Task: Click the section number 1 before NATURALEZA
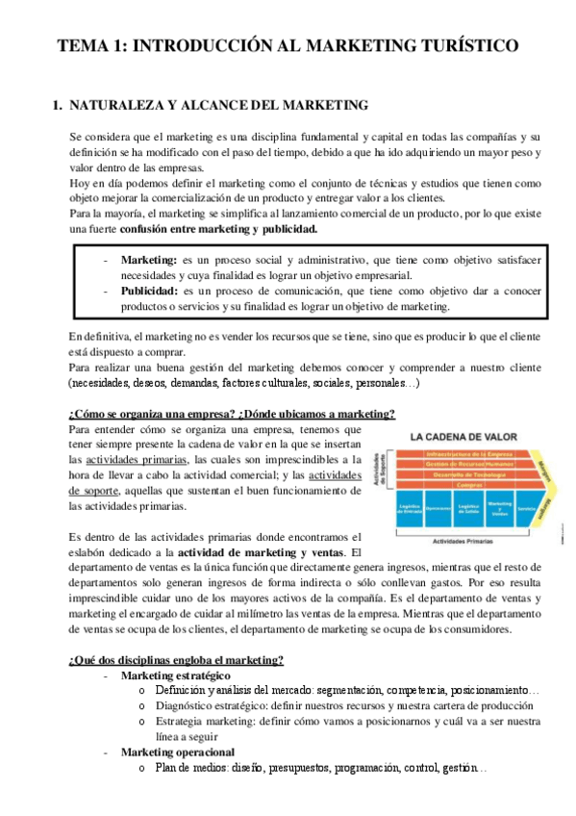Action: coord(57,104)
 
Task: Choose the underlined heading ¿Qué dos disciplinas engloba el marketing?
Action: coord(176,659)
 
